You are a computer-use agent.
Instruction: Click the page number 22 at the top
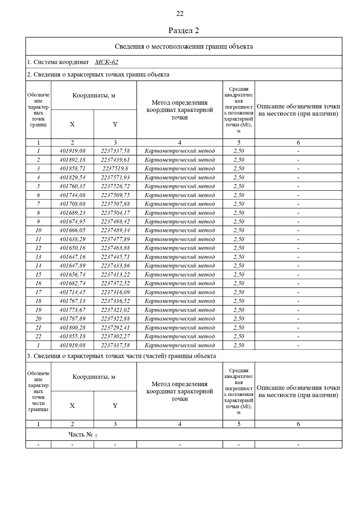(180, 13)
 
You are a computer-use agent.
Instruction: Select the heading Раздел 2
(184, 31)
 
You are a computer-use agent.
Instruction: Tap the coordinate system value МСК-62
(106, 62)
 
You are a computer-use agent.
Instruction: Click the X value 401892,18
(72, 160)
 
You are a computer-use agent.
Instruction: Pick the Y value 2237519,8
(115, 168)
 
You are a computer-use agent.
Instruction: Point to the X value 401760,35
(72, 186)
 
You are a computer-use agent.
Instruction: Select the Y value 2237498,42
(115, 222)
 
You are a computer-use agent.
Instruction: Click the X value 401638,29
(72, 239)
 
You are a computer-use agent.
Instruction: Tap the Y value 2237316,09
(115, 292)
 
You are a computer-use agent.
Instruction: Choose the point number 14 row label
(38, 266)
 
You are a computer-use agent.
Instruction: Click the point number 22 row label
(38, 336)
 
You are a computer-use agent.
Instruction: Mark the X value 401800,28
(72, 328)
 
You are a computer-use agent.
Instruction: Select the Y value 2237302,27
(115, 336)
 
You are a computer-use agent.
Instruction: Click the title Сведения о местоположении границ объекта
(184, 46)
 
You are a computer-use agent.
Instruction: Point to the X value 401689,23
(72, 213)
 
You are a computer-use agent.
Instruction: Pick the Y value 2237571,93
(115, 177)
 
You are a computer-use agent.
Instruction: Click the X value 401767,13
(72, 301)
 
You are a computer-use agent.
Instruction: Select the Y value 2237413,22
(115, 275)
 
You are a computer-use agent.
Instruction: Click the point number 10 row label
(38, 230)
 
